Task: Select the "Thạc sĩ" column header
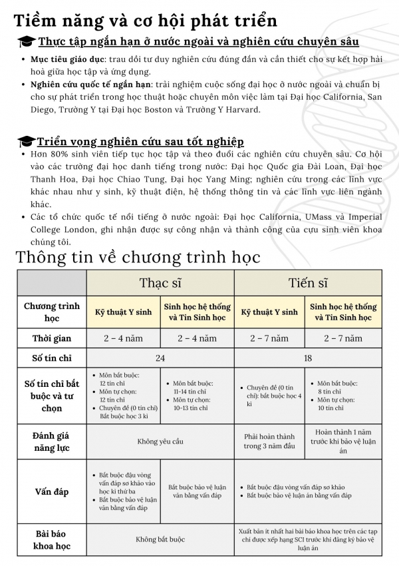coord(160,282)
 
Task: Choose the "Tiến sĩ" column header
coord(309,282)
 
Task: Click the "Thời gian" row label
coord(52,338)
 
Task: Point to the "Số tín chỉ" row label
coord(52,358)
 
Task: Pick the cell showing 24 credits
coord(160,358)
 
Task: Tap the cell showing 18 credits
coord(309,358)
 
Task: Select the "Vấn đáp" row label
coord(52,492)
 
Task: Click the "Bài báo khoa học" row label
coord(52,539)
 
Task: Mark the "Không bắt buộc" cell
coord(160,539)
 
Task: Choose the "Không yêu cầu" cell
coord(160,441)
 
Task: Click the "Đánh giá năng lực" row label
coord(52,441)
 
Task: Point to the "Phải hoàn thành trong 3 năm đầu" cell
coord(271,441)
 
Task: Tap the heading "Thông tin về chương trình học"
coord(138,257)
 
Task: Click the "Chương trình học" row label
coord(52,312)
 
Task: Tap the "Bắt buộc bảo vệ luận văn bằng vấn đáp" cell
coord(198,491)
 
